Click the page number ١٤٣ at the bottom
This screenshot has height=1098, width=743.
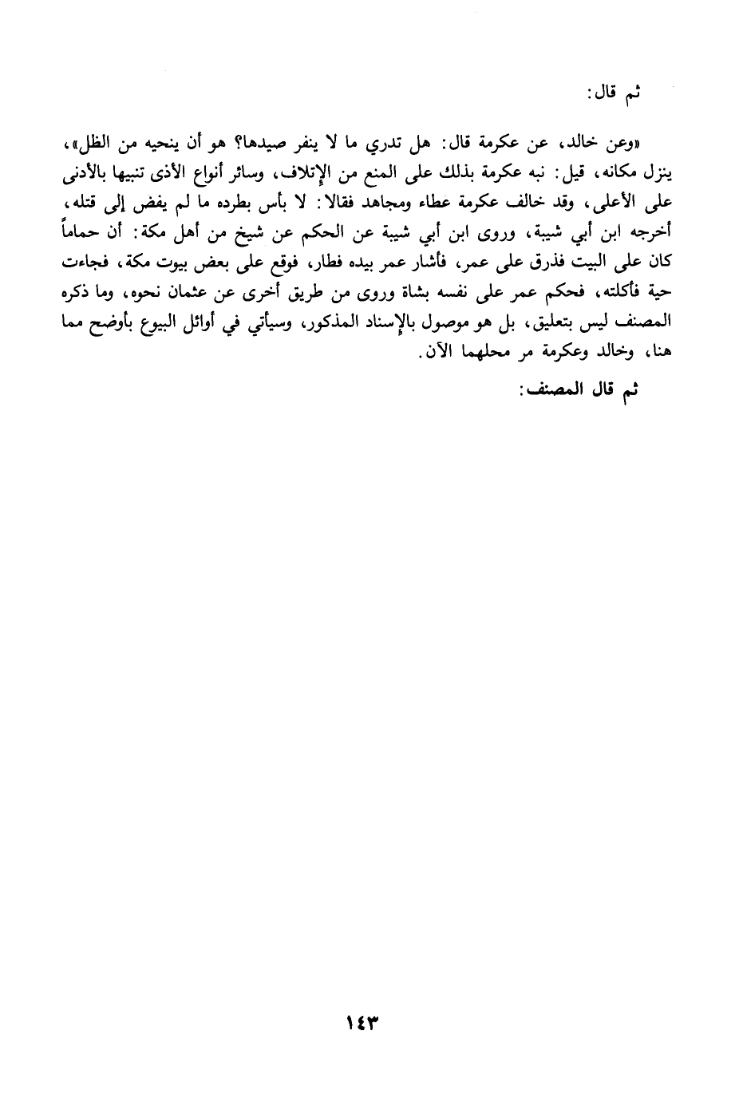click(360, 1022)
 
